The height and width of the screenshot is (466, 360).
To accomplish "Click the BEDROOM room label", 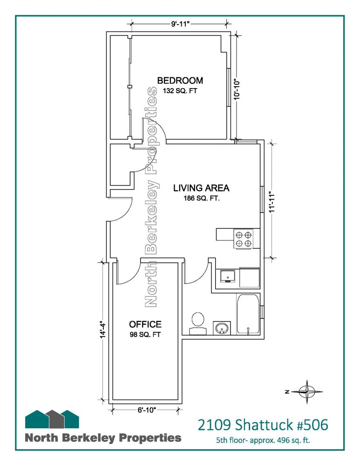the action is tap(180, 80).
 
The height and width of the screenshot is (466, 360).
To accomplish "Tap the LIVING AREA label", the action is tap(201, 188).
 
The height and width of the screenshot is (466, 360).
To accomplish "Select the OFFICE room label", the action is tap(145, 324).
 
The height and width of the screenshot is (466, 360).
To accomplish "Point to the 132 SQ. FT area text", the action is tap(180, 91).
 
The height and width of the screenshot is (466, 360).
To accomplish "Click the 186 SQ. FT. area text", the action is tap(202, 198).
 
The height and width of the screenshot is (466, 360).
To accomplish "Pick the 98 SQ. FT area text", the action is tap(145, 335).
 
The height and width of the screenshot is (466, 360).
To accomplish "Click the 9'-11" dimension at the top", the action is tap(180, 24).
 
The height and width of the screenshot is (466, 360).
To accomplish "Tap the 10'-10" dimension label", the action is tap(237, 89).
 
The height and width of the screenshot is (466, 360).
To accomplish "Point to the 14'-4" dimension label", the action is tap(103, 329).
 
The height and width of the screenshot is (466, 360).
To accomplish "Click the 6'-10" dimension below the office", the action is tap(147, 410).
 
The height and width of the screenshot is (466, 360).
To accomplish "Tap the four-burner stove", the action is tap(244, 239).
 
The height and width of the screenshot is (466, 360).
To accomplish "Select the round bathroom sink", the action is tap(222, 328).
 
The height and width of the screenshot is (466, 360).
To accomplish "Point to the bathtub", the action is tap(248, 315).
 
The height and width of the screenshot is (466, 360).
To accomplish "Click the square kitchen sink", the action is tap(228, 276).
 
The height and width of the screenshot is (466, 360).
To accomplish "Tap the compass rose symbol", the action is tap(307, 392).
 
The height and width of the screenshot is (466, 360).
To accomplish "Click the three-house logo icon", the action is tap(52, 419).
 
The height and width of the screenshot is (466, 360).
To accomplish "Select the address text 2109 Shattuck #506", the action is tap(263, 425).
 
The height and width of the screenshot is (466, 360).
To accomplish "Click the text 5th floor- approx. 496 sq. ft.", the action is tap(263, 440).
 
